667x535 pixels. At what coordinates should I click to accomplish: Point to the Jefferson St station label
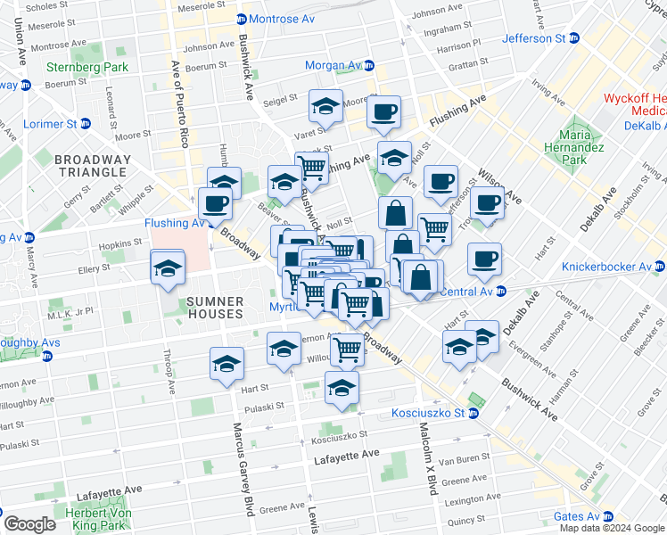533,38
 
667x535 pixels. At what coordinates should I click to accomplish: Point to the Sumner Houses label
215,308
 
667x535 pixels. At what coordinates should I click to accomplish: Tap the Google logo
29,523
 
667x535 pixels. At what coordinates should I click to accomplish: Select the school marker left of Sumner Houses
167,267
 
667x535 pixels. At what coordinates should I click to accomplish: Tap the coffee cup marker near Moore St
383,112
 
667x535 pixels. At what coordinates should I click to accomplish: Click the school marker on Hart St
226,364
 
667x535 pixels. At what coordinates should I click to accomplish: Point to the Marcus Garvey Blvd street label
240,464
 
